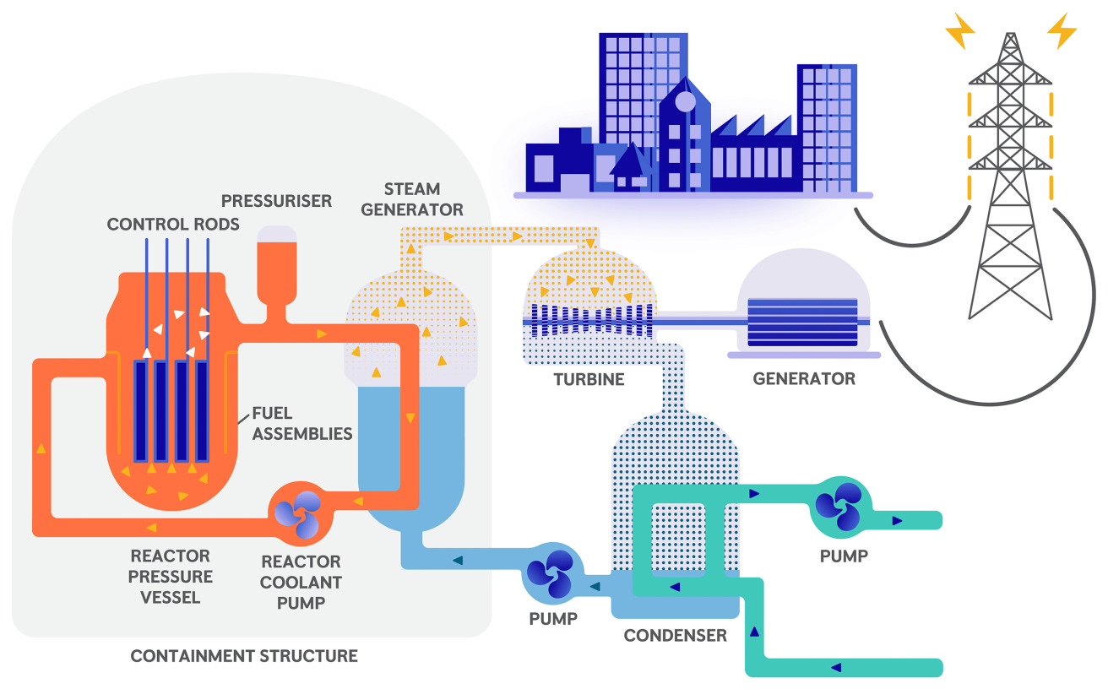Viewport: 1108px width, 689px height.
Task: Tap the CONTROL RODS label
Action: pyautogui.click(x=173, y=225)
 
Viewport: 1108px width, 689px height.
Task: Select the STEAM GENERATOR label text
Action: pyautogui.click(x=412, y=199)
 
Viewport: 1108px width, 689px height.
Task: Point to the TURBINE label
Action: pyautogui.click(x=589, y=379)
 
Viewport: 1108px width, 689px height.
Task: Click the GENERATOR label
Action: pyautogui.click(x=804, y=379)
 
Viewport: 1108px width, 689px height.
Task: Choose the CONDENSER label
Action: pyautogui.click(x=675, y=635)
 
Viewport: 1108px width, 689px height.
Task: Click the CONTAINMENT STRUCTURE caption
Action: pyautogui.click(x=244, y=656)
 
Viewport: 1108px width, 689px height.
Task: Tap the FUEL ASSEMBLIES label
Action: pyautogui.click(x=301, y=424)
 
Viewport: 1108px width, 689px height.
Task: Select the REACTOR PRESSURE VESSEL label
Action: pyautogui.click(x=171, y=577)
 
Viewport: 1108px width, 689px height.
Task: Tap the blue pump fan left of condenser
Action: pyautogui.click(x=551, y=573)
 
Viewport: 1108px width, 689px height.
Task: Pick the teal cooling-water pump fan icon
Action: pyautogui.click(x=837, y=506)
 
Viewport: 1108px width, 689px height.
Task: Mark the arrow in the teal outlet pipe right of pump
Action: pyautogui.click(x=897, y=521)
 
